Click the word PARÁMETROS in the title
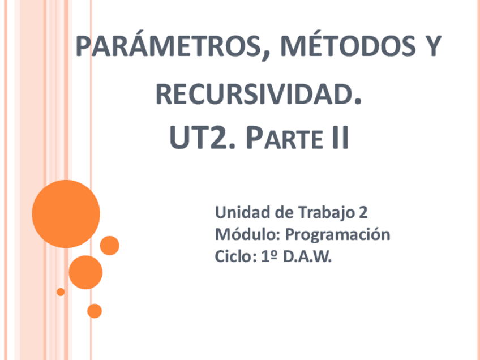tap(168, 47)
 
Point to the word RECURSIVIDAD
tap(258, 94)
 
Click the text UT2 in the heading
tap(197, 139)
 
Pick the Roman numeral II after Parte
tap(339, 139)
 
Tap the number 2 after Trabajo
tap(363, 213)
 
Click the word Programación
tap(337, 234)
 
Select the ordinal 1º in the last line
tap(269, 256)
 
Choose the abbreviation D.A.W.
tap(307, 256)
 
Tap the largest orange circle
tap(66, 214)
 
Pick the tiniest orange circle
tap(61, 292)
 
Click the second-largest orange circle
tap(85, 272)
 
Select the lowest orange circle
tap(95, 311)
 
